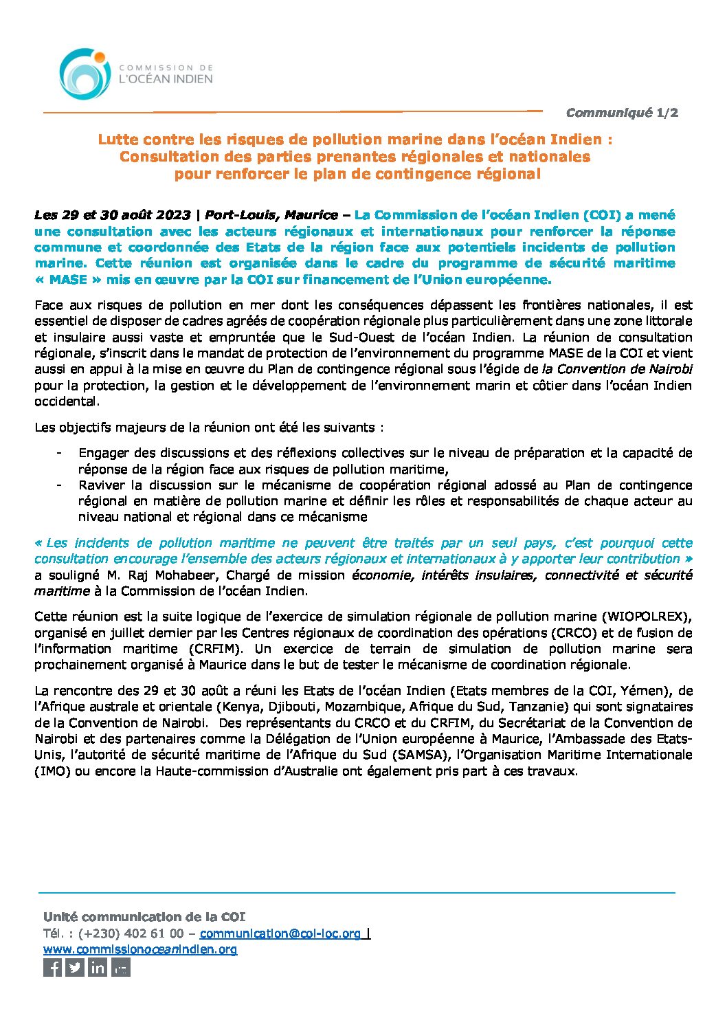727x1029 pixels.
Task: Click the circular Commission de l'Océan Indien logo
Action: coord(85,74)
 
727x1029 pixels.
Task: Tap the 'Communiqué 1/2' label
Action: coord(622,113)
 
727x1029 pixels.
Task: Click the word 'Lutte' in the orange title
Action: coord(117,140)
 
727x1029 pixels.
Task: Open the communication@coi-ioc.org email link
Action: coord(280,933)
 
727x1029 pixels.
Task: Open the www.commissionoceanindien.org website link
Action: coord(140,949)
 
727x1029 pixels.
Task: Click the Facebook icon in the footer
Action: coord(53,968)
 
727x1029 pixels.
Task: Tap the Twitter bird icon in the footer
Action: coord(75,968)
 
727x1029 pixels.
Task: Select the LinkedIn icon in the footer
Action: coord(98,968)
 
